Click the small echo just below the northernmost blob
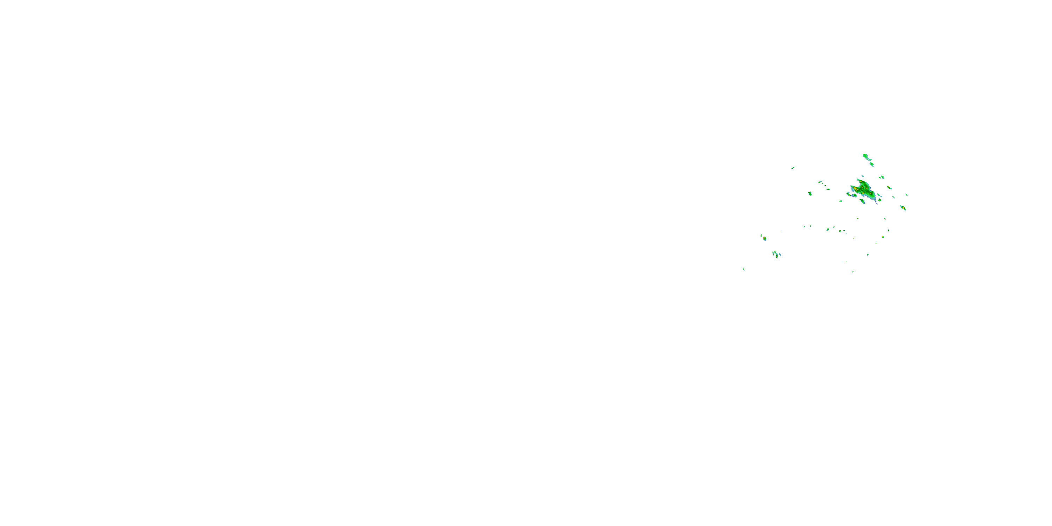(872, 164)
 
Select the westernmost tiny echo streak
(743, 269)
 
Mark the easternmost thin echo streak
(906, 195)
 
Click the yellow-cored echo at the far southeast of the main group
(903, 208)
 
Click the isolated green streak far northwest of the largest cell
(793, 168)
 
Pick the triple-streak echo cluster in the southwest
(776, 255)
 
